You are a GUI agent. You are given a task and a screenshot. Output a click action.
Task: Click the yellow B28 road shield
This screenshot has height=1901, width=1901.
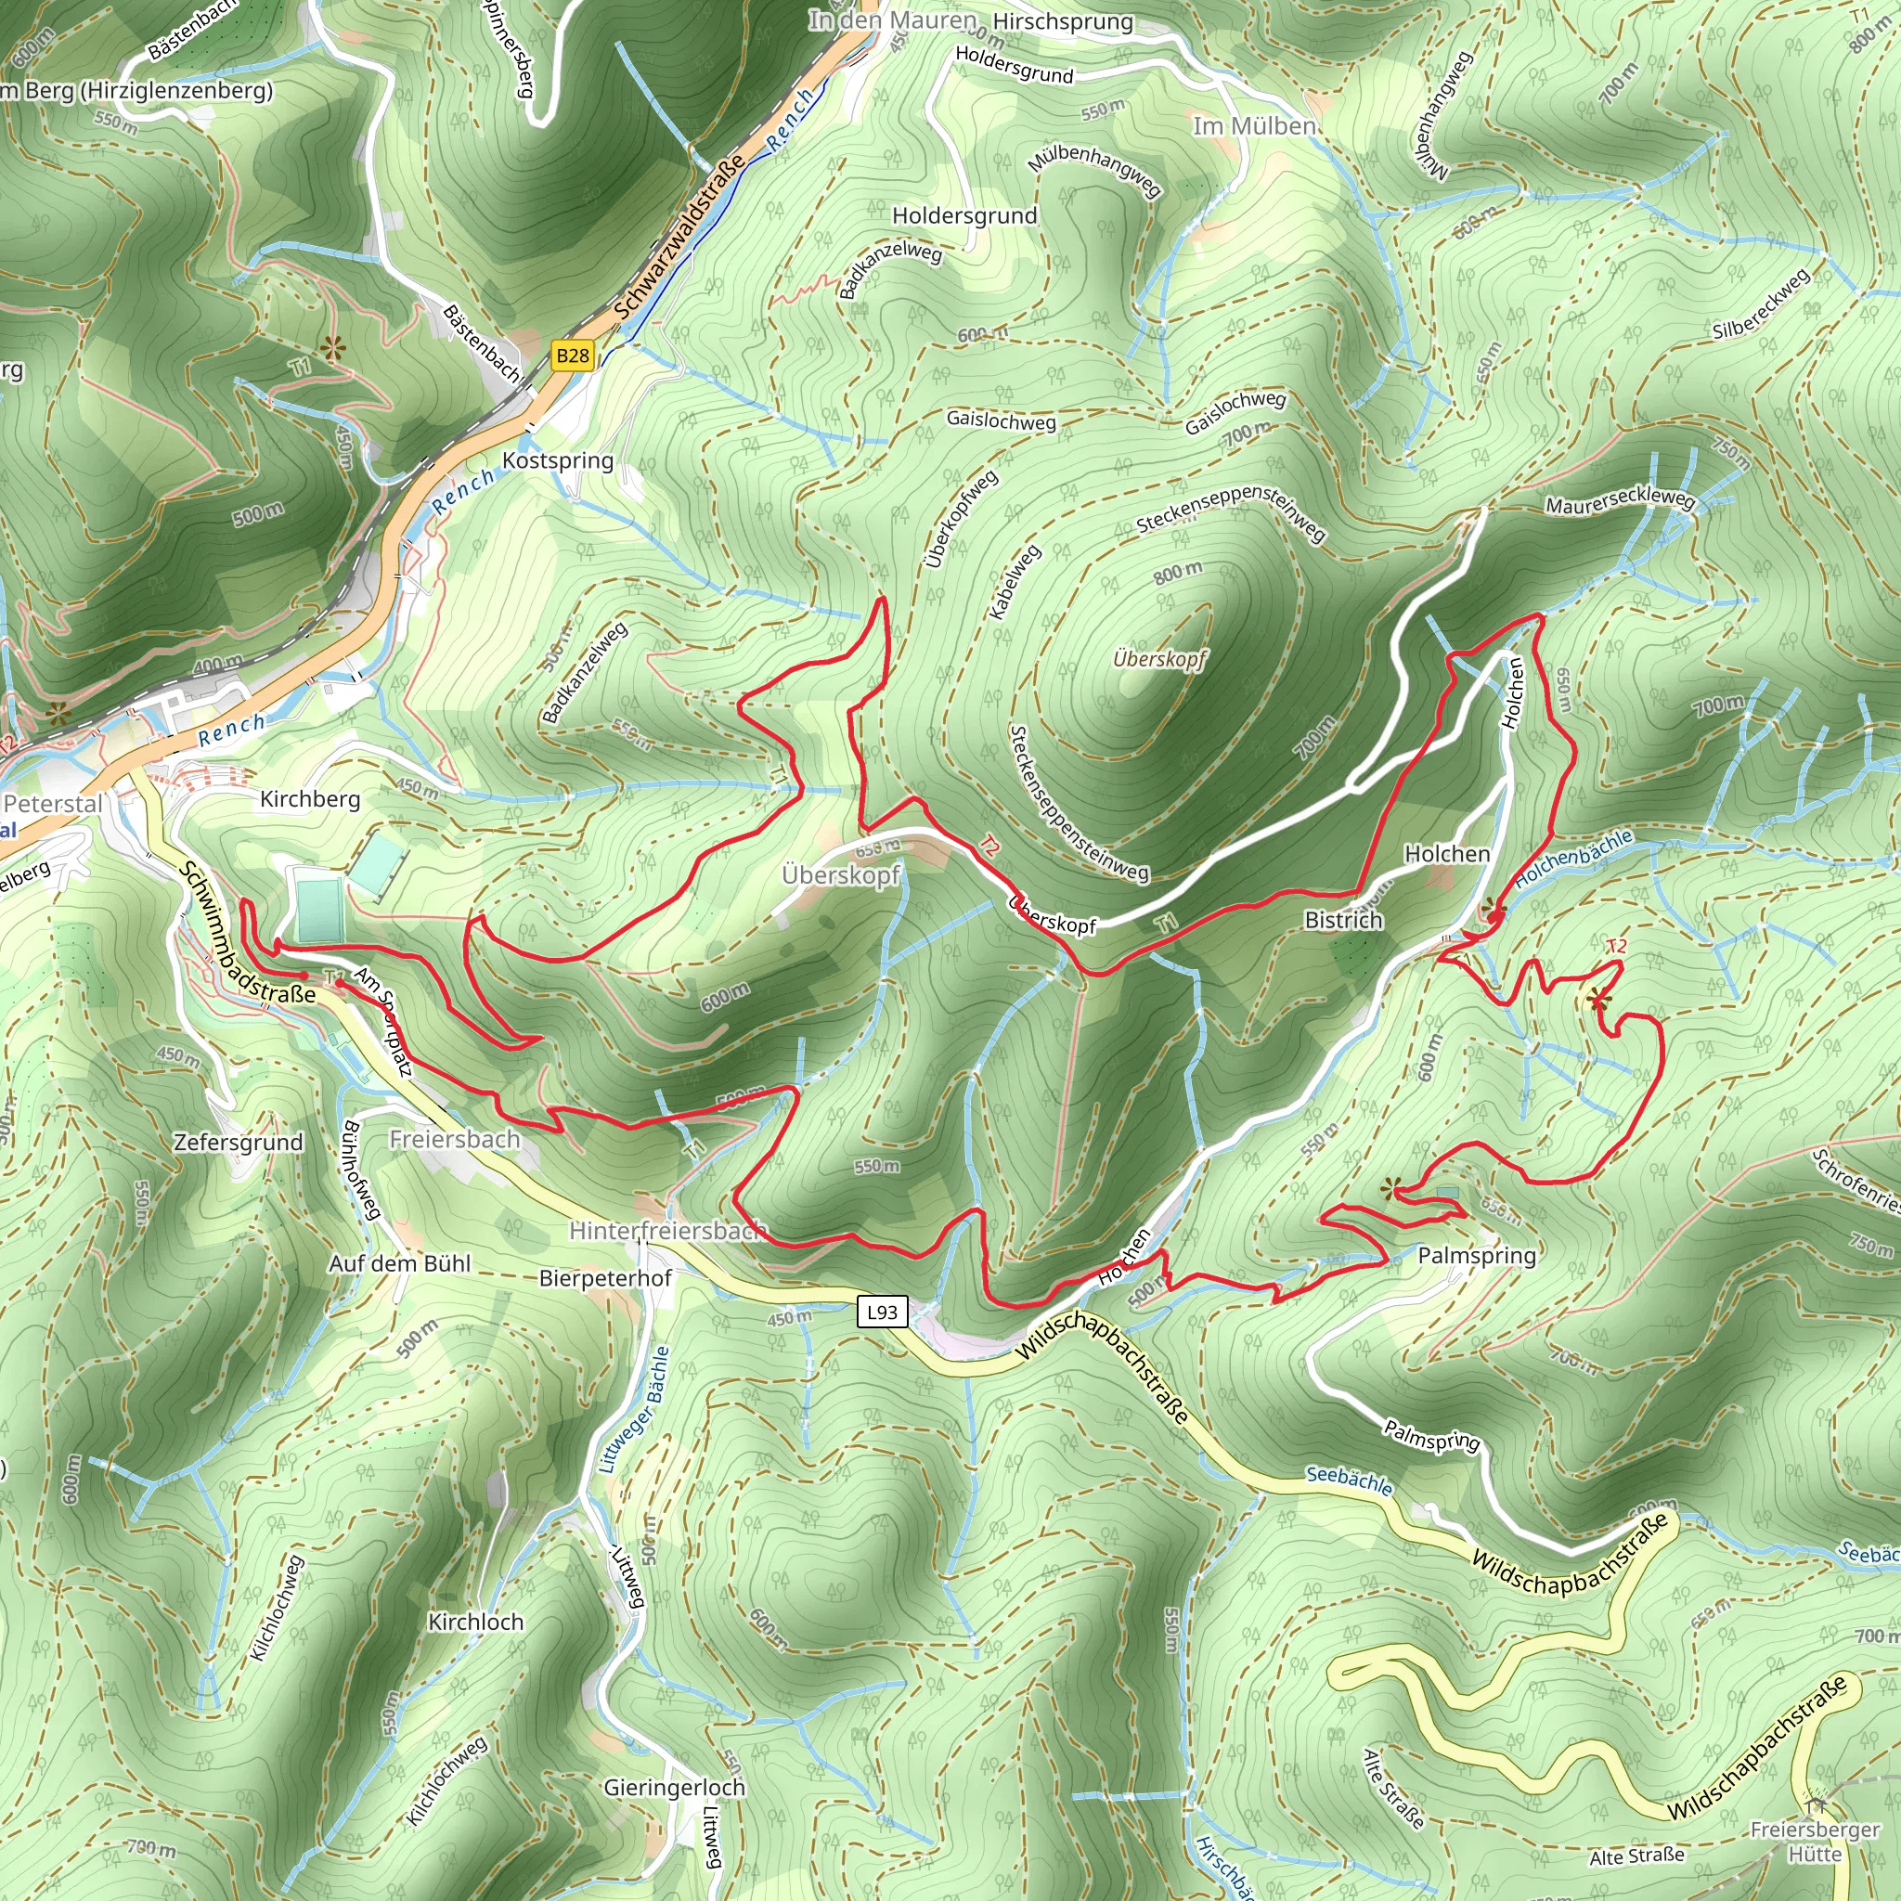pos(573,356)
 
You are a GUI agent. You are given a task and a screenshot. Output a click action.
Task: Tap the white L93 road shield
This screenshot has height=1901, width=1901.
pos(882,1312)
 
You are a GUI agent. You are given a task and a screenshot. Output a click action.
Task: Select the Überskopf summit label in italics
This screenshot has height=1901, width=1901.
pos(1159,658)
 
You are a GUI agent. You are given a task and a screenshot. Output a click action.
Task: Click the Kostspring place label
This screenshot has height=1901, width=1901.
pos(558,460)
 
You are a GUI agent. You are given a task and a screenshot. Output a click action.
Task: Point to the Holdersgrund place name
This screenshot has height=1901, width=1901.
pos(964,215)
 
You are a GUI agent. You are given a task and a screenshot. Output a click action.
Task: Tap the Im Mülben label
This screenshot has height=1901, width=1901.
pos(1253,126)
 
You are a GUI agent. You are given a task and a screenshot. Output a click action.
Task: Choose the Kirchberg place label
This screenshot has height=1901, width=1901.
pos(310,799)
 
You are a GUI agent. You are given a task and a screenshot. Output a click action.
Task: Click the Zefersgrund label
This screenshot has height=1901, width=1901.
pos(239,1143)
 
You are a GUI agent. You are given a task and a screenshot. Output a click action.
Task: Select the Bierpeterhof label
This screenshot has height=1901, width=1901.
pos(605,1278)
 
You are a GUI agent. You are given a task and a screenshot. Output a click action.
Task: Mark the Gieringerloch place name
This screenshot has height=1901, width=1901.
pos(674,1788)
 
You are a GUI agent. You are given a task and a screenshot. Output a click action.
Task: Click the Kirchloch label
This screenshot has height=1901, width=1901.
pos(476,1622)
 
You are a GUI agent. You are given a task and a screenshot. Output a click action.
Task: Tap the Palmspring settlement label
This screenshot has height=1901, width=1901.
pos(1476,1256)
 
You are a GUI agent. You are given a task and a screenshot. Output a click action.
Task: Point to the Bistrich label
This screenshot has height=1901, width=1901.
pos(1343,920)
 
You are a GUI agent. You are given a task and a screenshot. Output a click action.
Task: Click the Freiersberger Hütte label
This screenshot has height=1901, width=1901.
pos(1815,1842)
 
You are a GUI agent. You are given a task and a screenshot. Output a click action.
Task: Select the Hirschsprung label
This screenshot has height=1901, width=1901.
pos(1063,21)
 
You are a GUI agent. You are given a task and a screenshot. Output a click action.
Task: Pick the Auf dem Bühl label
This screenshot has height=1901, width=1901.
pos(399,1263)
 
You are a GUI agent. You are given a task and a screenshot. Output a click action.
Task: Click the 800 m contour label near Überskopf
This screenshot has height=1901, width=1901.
pos(1178,572)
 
